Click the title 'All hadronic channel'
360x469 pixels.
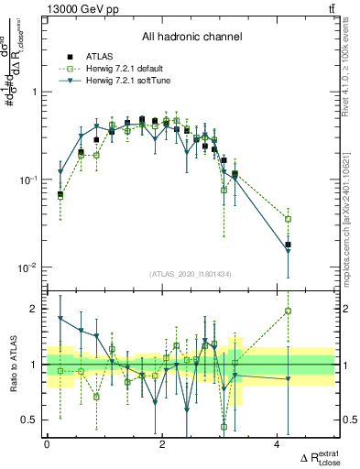click(191, 38)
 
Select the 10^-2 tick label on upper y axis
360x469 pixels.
click(29, 267)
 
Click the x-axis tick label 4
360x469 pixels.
click(277, 444)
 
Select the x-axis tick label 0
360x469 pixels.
click(47, 444)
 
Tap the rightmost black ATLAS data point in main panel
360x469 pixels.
click(288, 245)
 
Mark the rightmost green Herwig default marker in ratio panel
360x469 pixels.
click(288, 311)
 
